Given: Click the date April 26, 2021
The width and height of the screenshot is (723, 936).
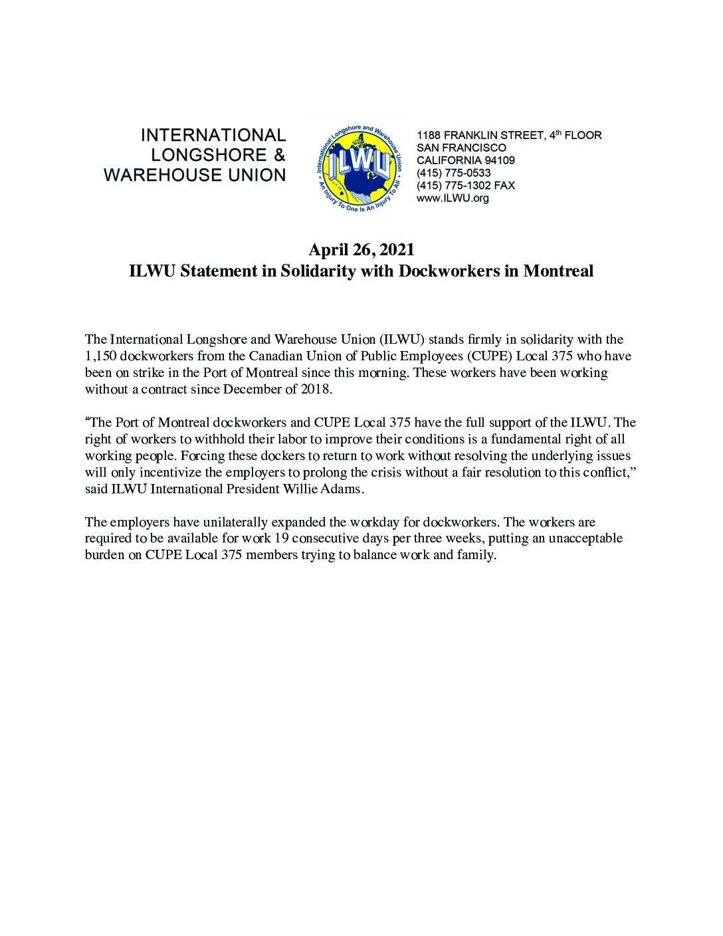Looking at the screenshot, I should point(361,250).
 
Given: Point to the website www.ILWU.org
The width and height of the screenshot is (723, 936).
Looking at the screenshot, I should point(453,198).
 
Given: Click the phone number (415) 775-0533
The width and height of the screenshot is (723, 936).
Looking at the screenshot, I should point(453,173).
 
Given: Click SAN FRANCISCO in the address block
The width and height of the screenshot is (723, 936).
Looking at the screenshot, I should point(461,148).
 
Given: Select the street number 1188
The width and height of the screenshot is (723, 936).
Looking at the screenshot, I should point(428,136).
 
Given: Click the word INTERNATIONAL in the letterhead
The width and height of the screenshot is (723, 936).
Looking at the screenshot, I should point(213,136).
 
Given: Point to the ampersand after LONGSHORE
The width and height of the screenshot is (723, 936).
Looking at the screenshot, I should point(279,156).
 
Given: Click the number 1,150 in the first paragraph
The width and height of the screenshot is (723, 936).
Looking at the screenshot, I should point(100,356).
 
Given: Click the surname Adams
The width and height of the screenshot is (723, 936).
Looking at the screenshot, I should point(345,489).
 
